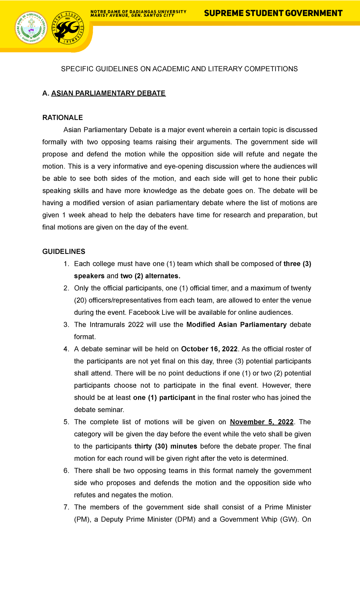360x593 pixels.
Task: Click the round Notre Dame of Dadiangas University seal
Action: tap(31, 28)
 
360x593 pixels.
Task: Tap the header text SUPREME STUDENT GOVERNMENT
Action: tap(273, 13)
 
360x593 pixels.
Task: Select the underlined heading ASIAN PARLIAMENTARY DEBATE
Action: tap(108, 93)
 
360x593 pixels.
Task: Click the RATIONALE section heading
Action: tap(62, 118)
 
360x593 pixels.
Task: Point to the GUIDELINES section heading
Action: tap(64, 251)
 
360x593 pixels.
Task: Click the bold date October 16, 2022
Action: tap(209, 349)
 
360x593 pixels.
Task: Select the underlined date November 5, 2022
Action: tap(262, 422)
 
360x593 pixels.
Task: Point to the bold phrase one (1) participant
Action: tap(164, 398)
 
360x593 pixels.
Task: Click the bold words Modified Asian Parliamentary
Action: tap(236, 325)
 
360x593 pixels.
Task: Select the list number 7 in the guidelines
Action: tap(66, 507)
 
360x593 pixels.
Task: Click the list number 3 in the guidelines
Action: tap(66, 325)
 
